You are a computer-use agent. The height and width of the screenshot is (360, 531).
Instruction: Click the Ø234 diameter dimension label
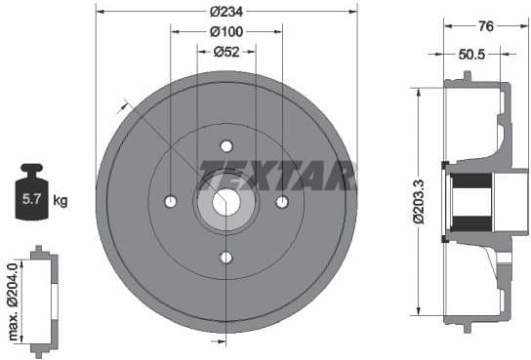(x=226, y=12)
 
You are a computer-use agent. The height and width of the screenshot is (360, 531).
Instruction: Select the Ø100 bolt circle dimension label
(x=226, y=32)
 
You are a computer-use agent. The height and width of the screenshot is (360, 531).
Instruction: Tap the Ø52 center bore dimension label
(x=226, y=53)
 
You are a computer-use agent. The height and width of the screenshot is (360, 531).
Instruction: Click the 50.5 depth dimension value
(x=472, y=57)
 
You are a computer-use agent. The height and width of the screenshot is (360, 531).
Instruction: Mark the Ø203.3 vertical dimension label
(x=418, y=202)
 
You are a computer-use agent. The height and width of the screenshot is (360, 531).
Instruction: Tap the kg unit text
(x=61, y=201)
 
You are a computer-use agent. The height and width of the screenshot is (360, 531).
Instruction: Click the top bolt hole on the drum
(x=226, y=146)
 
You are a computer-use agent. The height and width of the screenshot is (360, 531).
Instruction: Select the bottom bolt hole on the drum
(x=226, y=258)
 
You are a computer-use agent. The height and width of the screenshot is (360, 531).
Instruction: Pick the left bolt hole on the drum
(x=171, y=202)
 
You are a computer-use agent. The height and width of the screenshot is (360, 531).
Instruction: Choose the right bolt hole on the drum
(x=282, y=202)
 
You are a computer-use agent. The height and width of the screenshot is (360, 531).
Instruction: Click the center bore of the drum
(x=226, y=202)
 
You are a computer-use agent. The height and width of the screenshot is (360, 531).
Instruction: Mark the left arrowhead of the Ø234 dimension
(x=100, y=12)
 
